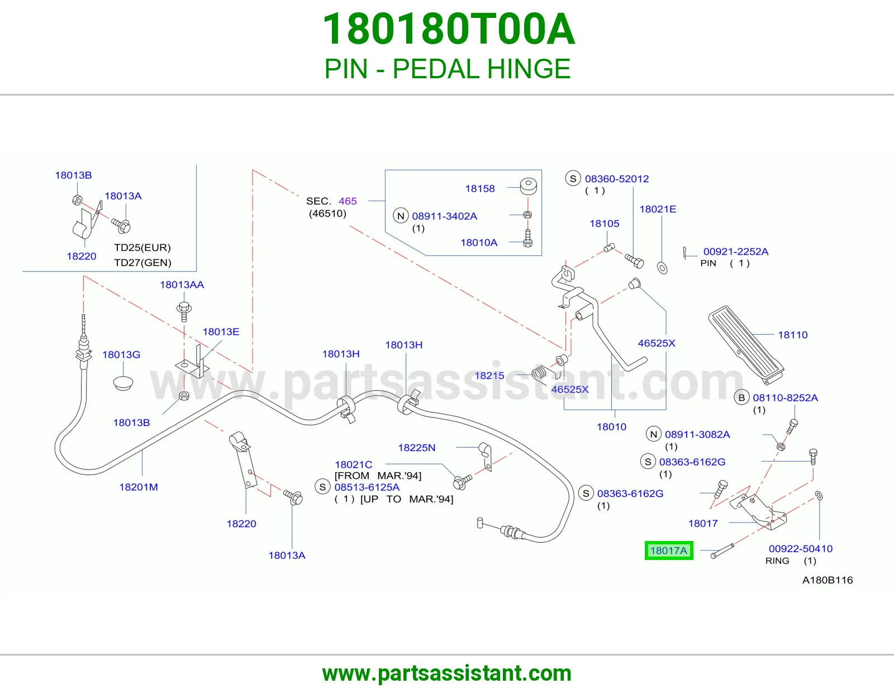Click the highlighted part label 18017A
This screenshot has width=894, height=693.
(x=669, y=550)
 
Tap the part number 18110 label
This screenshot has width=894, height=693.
(x=792, y=335)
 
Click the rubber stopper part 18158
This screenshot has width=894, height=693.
(x=528, y=187)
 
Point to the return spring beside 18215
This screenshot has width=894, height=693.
(x=539, y=374)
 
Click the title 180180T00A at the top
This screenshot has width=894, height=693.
(x=449, y=29)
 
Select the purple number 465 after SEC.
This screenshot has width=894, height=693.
(x=348, y=201)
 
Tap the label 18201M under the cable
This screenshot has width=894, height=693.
(x=139, y=487)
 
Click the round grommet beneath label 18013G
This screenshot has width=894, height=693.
(x=123, y=382)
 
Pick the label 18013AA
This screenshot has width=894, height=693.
(x=182, y=284)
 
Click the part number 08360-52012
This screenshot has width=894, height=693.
(x=617, y=179)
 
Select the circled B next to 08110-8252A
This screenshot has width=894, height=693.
(x=741, y=397)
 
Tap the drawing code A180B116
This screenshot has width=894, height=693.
(x=828, y=580)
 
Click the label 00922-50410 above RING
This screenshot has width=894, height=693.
(x=801, y=548)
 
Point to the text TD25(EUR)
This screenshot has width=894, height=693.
(x=142, y=248)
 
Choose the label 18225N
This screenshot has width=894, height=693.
(x=417, y=447)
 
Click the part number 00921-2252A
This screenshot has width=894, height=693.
(x=736, y=251)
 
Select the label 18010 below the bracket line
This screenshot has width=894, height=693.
(x=611, y=426)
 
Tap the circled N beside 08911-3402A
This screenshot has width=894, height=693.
(x=401, y=216)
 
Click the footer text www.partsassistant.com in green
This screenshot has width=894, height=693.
(x=447, y=673)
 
